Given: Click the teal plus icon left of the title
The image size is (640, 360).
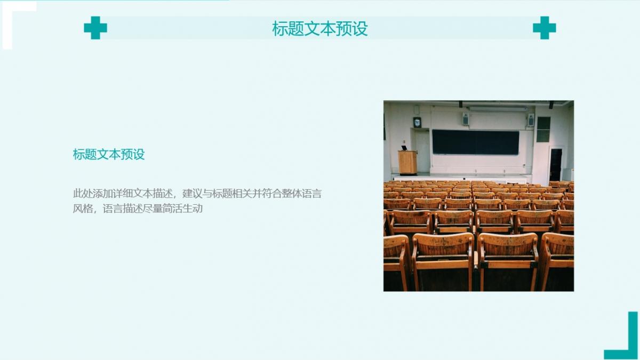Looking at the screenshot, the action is [x=95, y=28].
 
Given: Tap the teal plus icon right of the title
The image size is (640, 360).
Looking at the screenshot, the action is [x=545, y=28].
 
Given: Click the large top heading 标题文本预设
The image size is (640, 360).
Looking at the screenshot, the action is [x=320, y=29].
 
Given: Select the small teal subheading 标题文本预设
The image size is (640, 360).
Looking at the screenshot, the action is [x=109, y=154].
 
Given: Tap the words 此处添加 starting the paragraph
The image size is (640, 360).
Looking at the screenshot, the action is [x=93, y=194].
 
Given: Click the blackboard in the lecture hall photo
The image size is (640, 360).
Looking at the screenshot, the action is [x=476, y=142].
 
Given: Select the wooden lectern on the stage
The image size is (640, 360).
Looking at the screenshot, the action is [x=407, y=163].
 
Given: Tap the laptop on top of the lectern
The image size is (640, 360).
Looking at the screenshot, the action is [x=405, y=148].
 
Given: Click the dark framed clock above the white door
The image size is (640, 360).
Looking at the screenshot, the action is [x=417, y=122].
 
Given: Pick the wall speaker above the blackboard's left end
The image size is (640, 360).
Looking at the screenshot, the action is [x=466, y=119].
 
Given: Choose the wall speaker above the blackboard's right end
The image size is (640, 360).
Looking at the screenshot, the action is [x=531, y=120].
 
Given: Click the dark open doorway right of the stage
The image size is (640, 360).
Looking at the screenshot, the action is [x=556, y=165].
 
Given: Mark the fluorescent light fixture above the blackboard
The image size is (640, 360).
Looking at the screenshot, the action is [x=498, y=109].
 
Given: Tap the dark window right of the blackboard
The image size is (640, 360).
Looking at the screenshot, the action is [x=543, y=129].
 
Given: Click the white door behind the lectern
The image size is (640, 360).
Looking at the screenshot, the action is [x=422, y=152].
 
